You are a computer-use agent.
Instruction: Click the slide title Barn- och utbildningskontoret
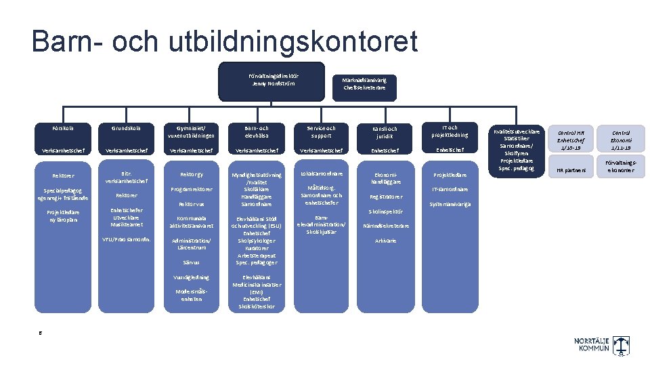tap(224, 41)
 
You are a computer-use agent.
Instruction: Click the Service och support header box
tap(319, 131)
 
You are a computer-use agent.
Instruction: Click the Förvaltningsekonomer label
tap(620, 166)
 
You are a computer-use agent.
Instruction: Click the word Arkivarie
tap(385, 241)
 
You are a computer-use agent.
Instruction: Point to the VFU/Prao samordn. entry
tap(125, 240)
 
